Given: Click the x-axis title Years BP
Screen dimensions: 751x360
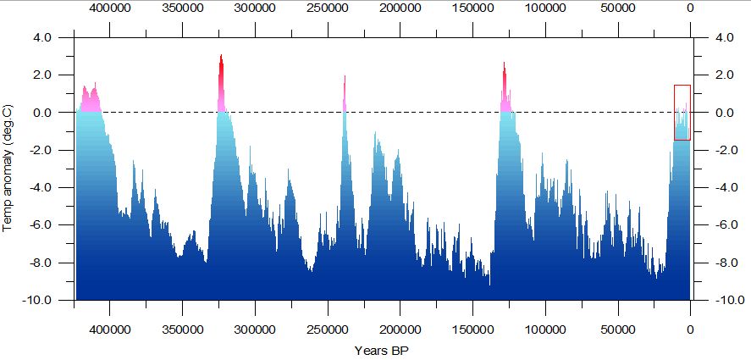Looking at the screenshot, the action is point(382,351).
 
